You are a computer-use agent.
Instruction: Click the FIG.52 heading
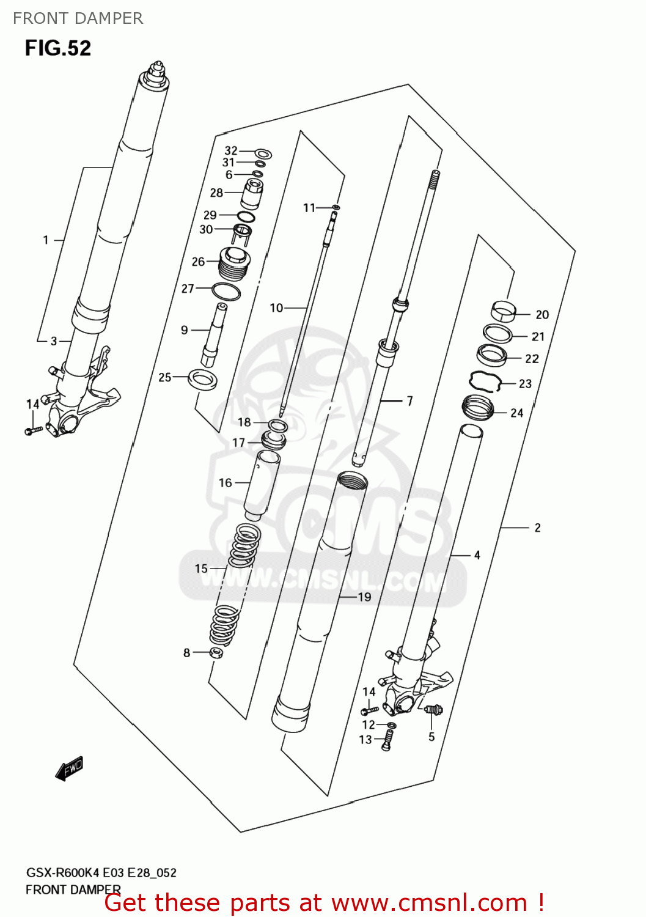click(x=58, y=48)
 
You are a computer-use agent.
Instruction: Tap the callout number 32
click(x=231, y=150)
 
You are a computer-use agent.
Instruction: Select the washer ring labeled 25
click(x=202, y=379)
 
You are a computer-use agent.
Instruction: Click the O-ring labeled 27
click(x=226, y=292)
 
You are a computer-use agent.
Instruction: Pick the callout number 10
click(x=276, y=308)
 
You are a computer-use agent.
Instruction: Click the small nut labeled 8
click(x=216, y=653)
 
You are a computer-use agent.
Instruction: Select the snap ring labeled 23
click(x=485, y=381)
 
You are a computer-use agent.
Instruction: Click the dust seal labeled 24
click(x=477, y=408)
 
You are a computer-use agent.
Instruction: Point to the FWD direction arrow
click(x=69, y=768)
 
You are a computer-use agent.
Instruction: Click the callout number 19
click(x=364, y=597)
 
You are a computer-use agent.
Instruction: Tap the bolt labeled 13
click(x=386, y=741)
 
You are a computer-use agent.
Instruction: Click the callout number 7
click(x=409, y=401)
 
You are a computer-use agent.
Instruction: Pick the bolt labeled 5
click(x=433, y=710)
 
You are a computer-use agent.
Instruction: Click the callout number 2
click(x=537, y=528)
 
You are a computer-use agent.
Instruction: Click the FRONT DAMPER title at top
click(x=78, y=18)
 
